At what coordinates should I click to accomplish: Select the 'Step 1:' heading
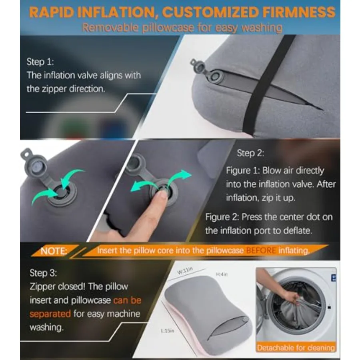(x=40, y=62)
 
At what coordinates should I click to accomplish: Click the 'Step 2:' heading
(x=250, y=153)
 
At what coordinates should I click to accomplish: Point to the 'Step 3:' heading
(x=43, y=273)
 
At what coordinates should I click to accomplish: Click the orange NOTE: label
(x=54, y=251)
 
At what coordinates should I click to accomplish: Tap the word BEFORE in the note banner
(x=261, y=250)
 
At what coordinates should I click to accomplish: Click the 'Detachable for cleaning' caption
(x=296, y=348)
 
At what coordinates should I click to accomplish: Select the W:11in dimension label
(x=185, y=270)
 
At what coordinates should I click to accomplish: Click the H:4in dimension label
(x=222, y=274)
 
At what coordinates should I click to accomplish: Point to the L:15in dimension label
(x=168, y=331)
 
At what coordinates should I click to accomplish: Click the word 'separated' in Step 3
(x=50, y=314)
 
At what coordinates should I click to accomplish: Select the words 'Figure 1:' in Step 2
(x=243, y=170)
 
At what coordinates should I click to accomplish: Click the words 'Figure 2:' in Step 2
(x=222, y=217)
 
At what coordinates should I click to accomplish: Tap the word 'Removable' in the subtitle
(x=110, y=28)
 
